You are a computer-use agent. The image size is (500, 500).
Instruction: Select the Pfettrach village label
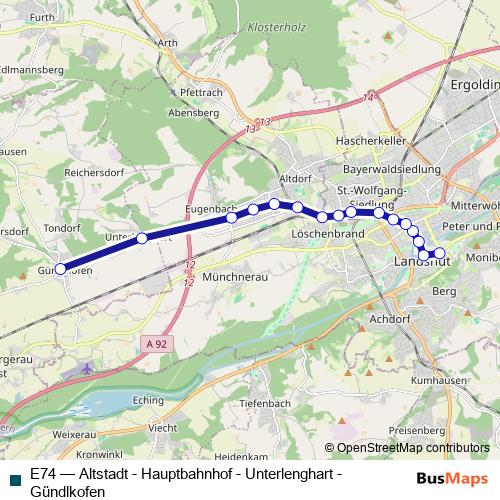pos(200,92)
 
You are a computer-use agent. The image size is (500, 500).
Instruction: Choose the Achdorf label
pos(391,319)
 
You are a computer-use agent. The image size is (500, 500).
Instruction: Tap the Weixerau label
pos(74,436)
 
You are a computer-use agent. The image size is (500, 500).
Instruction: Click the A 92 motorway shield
pos(149,342)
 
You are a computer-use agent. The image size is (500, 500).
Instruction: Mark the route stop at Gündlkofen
pos(60,268)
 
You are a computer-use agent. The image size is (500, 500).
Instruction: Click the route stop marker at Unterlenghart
pos(142,238)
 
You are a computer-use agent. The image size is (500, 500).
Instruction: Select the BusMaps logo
pos(452,478)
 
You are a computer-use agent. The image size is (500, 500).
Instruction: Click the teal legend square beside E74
pos(14,479)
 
